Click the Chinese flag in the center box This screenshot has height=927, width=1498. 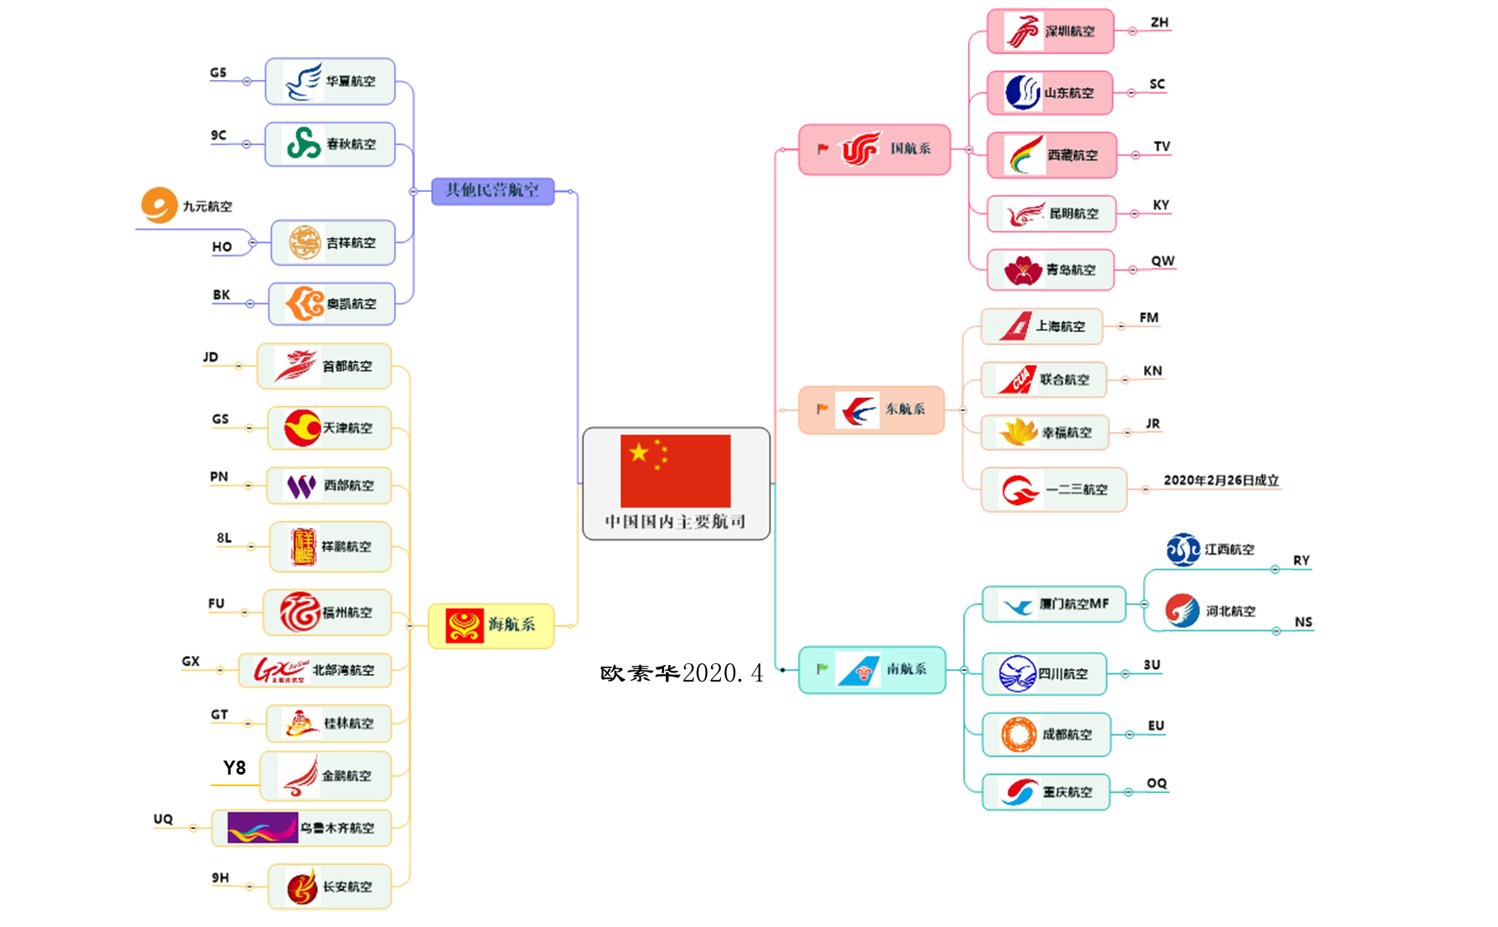(x=675, y=471)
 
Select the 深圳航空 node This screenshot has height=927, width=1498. (x=1051, y=31)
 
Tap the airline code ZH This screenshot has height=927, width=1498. (x=1159, y=22)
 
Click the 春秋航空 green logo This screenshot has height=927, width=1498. (x=303, y=143)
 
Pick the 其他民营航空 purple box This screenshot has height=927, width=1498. (x=493, y=190)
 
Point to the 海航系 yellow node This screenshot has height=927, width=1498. (x=491, y=625)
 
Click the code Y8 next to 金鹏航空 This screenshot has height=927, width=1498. (x=234, y=768)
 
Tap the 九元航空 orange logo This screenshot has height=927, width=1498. (x=159, y=205)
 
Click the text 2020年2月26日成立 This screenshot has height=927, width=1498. (x=1220, y=480)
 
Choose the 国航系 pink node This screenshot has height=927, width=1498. (x=874, y=149)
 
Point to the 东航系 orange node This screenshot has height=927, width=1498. (x=871, y=410)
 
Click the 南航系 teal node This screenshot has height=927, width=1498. (x=872, y=669)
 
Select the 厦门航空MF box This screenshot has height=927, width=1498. (x=1054, y=604)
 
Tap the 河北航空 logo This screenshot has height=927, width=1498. (x=1182, y=611)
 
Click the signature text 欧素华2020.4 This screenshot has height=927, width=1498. (x=681, y=673)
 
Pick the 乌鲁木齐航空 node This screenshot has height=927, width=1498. (x=302, y=828)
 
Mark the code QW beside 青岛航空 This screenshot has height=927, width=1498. (x=1163, y=260)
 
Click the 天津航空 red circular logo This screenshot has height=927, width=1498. (x=302, y=428)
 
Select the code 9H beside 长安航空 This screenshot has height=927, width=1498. (x=220, y=878)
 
